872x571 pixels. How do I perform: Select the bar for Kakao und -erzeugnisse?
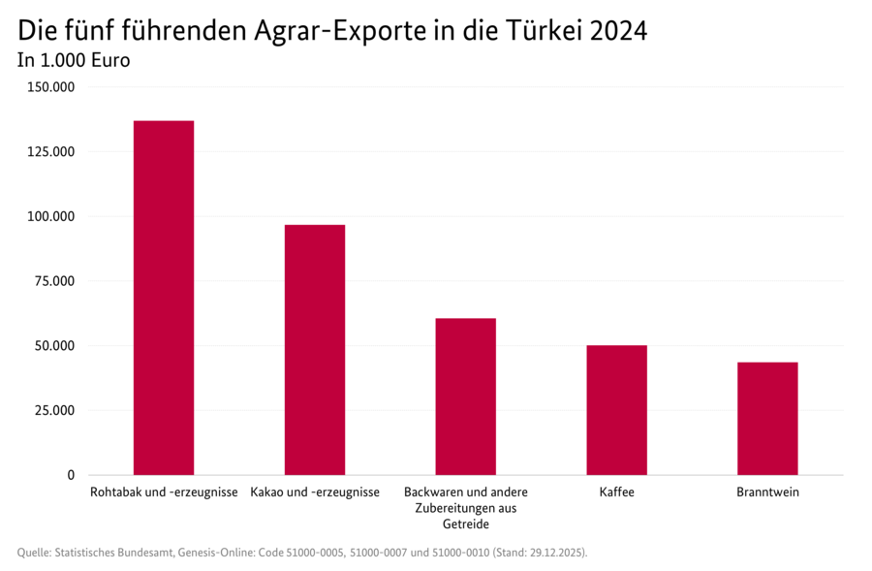314,349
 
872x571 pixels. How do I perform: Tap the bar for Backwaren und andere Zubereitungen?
465,397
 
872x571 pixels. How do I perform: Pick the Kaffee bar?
616,410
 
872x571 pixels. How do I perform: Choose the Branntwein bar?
767,418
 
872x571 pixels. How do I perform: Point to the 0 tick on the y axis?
70,475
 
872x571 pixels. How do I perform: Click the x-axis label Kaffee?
616,492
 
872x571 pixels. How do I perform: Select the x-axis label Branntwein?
767,492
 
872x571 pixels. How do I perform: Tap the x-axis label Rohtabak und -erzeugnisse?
163,492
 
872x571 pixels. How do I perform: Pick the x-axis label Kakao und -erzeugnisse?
314,492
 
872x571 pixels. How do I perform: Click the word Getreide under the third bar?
465,524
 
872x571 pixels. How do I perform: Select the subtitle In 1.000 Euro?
74,60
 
